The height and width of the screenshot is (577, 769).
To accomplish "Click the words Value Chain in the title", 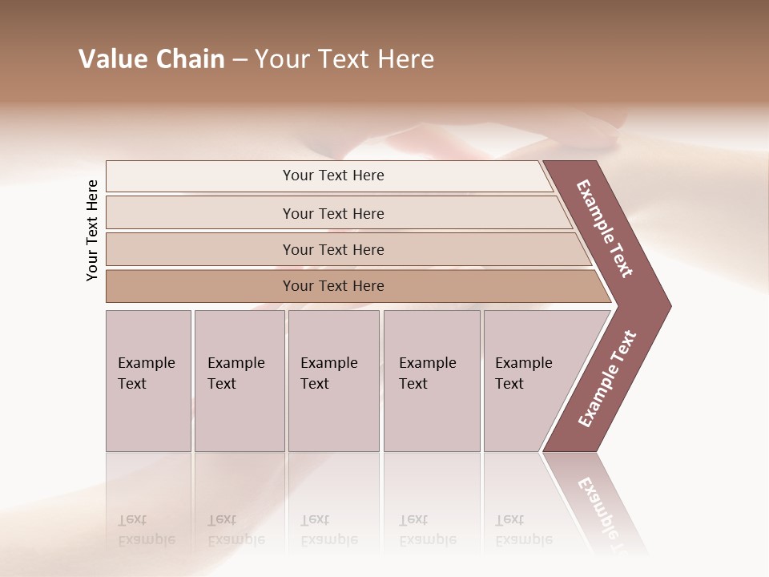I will [x=151, y=59].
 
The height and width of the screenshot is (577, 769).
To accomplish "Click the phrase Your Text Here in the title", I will [x=344, y=59].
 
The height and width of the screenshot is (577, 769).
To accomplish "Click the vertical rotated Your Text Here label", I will [x=92, y=230].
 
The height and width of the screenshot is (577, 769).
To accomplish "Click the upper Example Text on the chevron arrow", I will [x=605, y=228].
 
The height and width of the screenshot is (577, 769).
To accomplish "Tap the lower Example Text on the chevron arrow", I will [x=607, y=378].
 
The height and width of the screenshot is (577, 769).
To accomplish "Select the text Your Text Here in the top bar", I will [x=333, y=176].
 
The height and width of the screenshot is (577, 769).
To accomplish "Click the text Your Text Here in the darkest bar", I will [x=333, y=286].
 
